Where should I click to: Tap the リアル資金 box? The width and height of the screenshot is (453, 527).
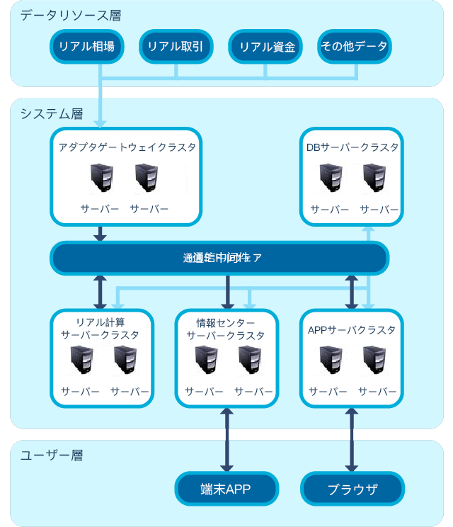coord(265,47)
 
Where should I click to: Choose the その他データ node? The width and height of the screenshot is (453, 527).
coord(354,47)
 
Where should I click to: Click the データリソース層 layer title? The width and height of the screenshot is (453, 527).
coord(56,15)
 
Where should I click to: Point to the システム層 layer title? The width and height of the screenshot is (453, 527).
coord(52,113)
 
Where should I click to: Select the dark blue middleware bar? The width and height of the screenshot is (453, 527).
coord(219,258)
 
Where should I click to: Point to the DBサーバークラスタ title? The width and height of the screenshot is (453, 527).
coord(352,147)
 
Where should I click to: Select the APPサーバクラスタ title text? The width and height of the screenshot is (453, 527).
coord(352,330)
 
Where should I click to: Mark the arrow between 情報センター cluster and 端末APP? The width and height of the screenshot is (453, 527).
coord(227,440)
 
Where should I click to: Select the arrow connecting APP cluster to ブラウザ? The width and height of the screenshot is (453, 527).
coord(352,440)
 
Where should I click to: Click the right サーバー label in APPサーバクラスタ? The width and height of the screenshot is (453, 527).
coord(377,392)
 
